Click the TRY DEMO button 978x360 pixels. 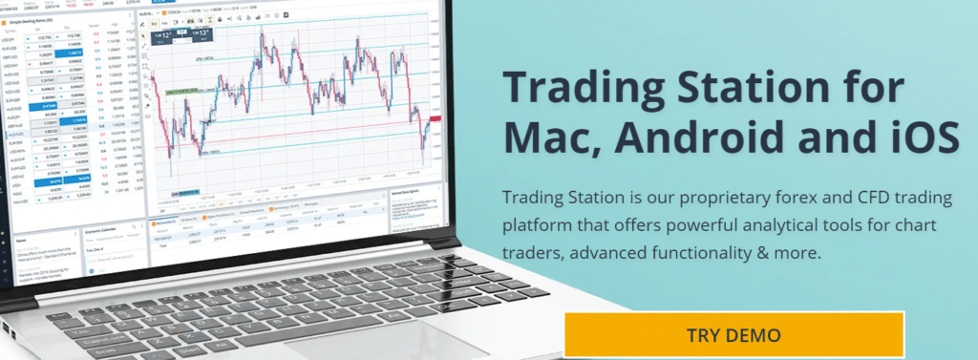(x=733, y=335)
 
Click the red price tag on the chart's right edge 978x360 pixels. (x=435, y=117)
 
